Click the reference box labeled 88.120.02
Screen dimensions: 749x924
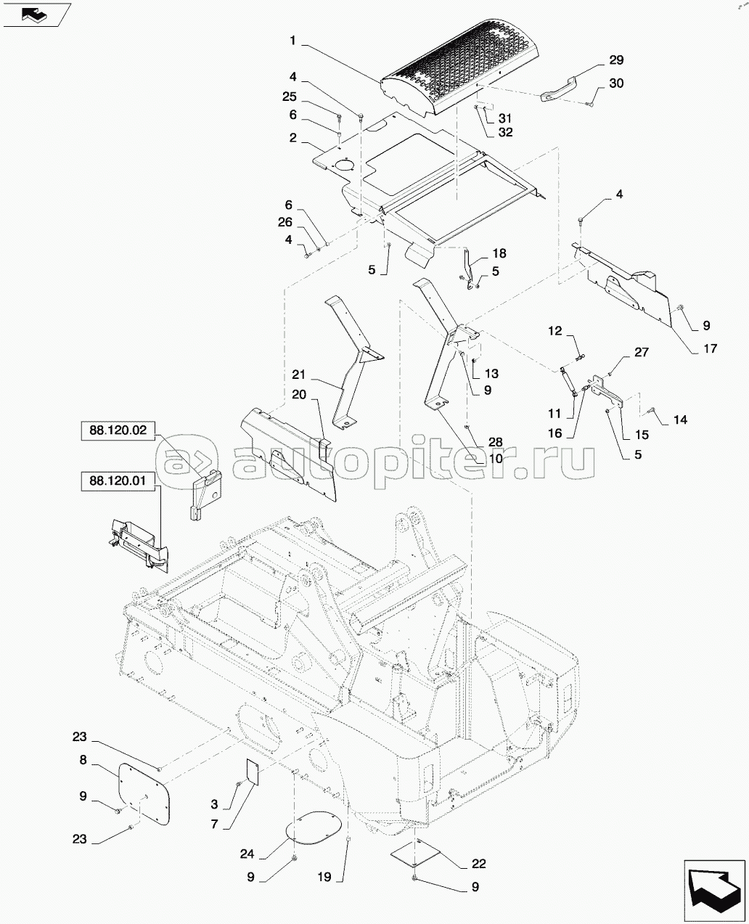pyautogui.click(x=118, y=430)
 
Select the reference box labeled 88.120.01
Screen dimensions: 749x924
pyautogui.click(x=118, y=481)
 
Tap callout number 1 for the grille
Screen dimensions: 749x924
pyautogui.click(x=292, y=41)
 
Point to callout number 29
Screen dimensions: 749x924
pyautogui.click(x=616, y=60)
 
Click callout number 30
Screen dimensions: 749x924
pyautogui.click(x=616, y=83)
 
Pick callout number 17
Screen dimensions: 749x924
pyautogui.click(x=710, y=348)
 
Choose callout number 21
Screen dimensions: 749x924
pyautogui.click(x=299, y=375)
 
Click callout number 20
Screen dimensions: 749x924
pyautogui.click(x=299, y=395)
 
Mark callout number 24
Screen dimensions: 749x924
pyautogui.click(x=247, y=854)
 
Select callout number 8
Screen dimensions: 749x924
pyautogui.click(x=83, y=760)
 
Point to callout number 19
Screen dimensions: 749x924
pyautogui.click(x=324, y=877)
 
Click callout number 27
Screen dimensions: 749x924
pyautogui.click(x=642, y=352)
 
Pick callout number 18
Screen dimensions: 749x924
pyautogui.click(x=499, y=253)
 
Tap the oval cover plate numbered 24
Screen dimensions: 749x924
pyautogui.click(x=314, y=827)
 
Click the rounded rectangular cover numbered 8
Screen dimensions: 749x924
pyautogui.click(x=144, y=794)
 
